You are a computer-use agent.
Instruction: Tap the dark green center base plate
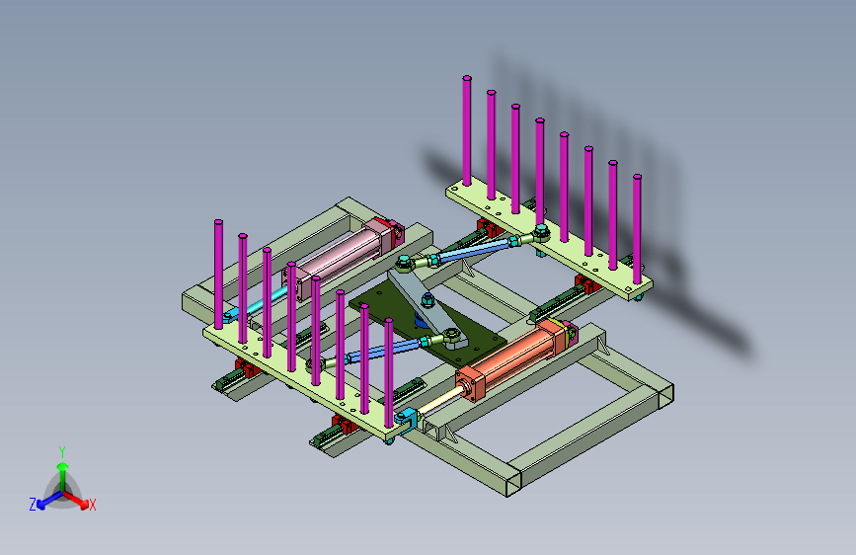pos(431,328)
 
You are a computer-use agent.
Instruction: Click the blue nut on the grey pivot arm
pos(428,299)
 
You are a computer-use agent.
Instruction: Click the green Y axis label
pos(62,452)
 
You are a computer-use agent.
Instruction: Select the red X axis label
pos(92,505)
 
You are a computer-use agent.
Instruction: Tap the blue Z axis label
pos(33,505)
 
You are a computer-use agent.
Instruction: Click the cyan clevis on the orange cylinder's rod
pos(406,419)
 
